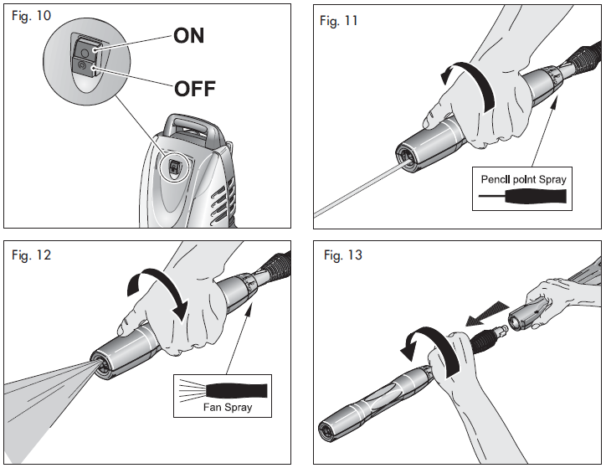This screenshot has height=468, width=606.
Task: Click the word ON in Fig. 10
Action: pos(188,36)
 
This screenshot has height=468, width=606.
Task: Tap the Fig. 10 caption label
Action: pos(31,18)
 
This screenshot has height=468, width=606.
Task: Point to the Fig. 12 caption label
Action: pos(32,255)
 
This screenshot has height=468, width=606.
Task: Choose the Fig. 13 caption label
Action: pos(343,255)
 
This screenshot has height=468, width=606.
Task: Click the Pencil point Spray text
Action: pos(522,179)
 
